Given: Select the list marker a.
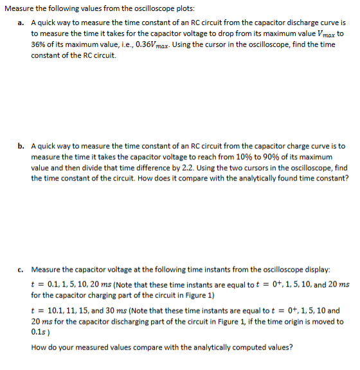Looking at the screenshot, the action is click(x=21, y=22).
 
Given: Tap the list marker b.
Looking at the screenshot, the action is click(x=21, y=146).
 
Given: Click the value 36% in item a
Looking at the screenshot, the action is click(x=38, y=44).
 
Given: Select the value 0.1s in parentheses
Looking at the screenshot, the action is click(x=38, y=331).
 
